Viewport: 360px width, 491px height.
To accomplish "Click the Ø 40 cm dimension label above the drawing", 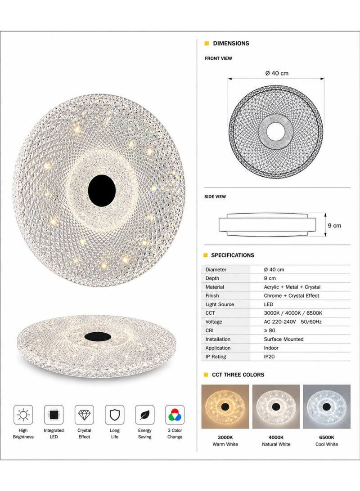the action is tap(277, 73).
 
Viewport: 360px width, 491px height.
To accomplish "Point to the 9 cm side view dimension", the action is tap(334, 225).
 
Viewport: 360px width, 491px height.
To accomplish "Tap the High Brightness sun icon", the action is tap(23, 415).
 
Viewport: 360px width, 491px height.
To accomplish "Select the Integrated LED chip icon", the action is tap(54, 415).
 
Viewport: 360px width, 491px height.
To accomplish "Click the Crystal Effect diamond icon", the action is tap(84, 415).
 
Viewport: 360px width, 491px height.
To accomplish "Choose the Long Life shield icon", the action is tap(114, 415).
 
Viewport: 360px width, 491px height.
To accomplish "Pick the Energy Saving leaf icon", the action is tap(145, 415).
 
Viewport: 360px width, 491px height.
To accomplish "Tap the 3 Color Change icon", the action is tap(175, 415).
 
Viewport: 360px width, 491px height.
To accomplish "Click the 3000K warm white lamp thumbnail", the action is tap(225, 406).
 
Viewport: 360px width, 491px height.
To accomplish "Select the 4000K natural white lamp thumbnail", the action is tap(276, 406).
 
